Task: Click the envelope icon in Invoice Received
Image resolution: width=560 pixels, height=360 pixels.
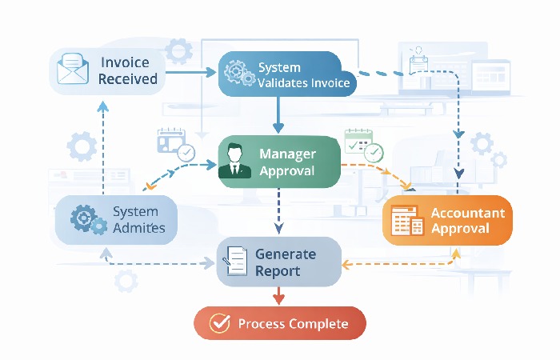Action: [x=73, y=71]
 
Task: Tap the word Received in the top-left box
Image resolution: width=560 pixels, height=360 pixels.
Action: [x=128, y=79]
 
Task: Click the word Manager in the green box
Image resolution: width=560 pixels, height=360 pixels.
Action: [x=287, y=153]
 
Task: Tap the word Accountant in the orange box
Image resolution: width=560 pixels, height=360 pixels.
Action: [x=467, y=213]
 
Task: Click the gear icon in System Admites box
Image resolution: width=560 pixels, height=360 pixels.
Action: [x=86, y=219]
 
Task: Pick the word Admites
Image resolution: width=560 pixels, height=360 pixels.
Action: [x=139, y=228]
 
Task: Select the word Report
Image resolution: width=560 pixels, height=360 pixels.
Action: [x=278, y=271]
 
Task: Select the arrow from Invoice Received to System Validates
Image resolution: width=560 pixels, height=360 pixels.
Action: [x=192, y=73]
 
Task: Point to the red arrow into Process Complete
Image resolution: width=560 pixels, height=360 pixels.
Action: [x=278, y=296]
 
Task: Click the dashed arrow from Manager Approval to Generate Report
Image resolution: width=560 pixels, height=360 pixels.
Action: [x=278, y=211]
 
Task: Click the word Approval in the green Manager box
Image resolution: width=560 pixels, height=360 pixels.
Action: [x=287, y=170]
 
